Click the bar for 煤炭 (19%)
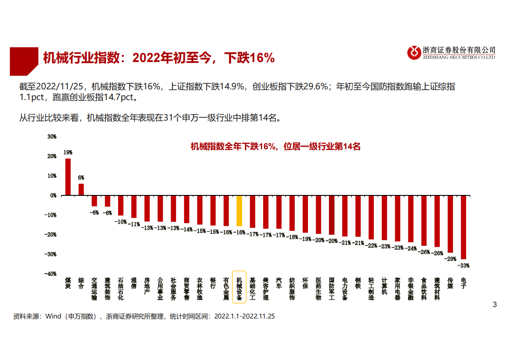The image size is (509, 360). [68, 177]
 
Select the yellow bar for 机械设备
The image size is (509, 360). [239, 211]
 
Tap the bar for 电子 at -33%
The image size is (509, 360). [463, 227]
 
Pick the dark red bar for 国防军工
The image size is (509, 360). [331, 215]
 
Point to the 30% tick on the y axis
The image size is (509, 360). [51, 137]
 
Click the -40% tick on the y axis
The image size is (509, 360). [51, 274]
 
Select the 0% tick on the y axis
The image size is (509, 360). [53, 195]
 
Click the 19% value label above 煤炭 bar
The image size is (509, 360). [68, 152]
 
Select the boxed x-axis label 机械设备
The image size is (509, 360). [239, 287]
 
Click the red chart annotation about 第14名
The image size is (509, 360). [275, 147]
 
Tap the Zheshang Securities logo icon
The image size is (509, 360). [414, 53]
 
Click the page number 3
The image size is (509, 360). [495, 305]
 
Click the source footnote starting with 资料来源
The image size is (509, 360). [144, 317]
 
